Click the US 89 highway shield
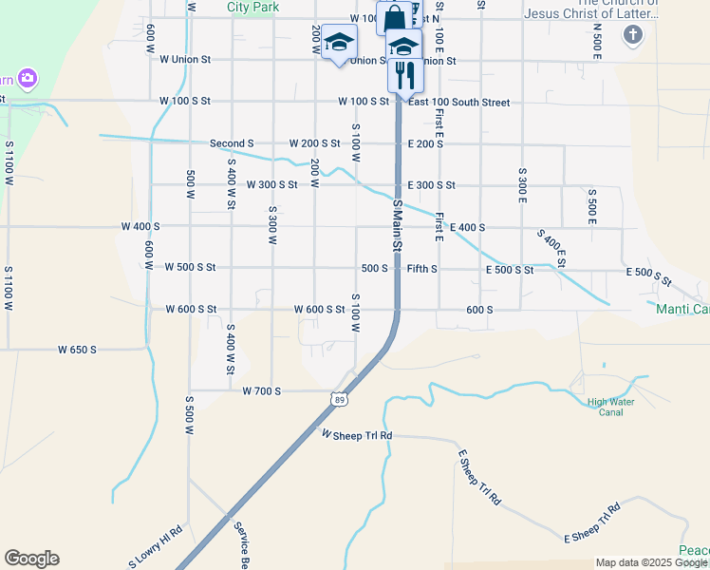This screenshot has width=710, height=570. (339, 400)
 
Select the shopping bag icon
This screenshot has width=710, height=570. (394, 19)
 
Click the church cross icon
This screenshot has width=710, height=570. (633, 35)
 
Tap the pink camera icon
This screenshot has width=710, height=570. (28, 77)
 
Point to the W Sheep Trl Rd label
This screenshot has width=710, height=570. (357, 435)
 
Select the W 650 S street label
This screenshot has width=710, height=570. (78, 350)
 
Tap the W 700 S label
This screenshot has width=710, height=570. (262, 390)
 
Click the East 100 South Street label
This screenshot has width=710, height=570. (459, 103)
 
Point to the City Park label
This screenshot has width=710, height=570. (252, 7)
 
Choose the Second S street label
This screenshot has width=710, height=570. (232, 143)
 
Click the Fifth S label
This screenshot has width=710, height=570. (422, 269)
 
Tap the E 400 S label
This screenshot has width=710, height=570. (467, 228)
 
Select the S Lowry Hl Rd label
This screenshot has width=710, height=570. (155, 548)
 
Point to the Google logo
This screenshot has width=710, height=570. (31, 559)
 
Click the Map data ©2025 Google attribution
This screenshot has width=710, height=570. (651, 563)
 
